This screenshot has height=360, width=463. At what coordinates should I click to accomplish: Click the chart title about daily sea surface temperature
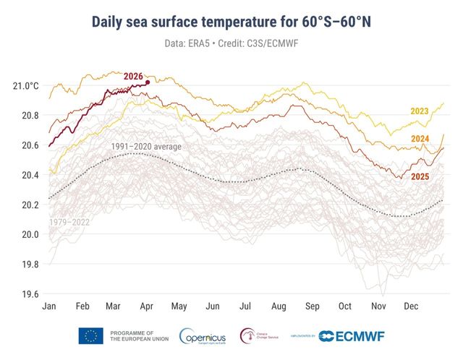231,22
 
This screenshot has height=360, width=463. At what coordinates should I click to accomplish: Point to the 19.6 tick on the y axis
29,294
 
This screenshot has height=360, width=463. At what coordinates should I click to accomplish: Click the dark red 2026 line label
133,76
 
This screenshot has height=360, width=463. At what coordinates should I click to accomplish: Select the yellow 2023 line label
420,111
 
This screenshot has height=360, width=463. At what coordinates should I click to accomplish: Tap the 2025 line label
420,176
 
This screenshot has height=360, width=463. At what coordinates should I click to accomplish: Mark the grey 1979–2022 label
69,222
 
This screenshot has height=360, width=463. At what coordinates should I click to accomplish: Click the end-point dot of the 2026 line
148,82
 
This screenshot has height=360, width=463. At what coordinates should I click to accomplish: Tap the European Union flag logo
91,336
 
